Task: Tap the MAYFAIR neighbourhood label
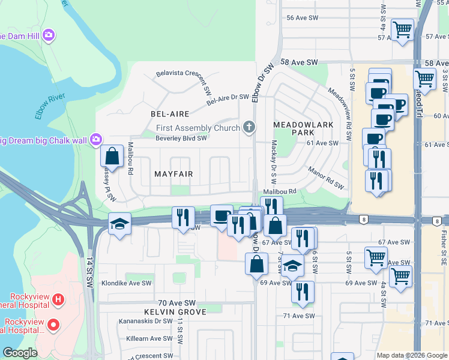click(173, 174)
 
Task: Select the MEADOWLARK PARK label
click(295, 127)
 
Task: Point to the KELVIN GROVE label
click(175, 312)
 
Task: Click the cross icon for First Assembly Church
click(249, 127)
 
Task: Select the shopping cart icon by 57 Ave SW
click(402, 29)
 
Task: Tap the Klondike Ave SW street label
click(126, 283)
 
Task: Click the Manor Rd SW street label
click(326, 178)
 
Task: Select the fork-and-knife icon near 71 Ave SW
click(303, 292)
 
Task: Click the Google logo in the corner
click(20, 353)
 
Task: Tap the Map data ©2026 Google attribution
click(411, 355)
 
